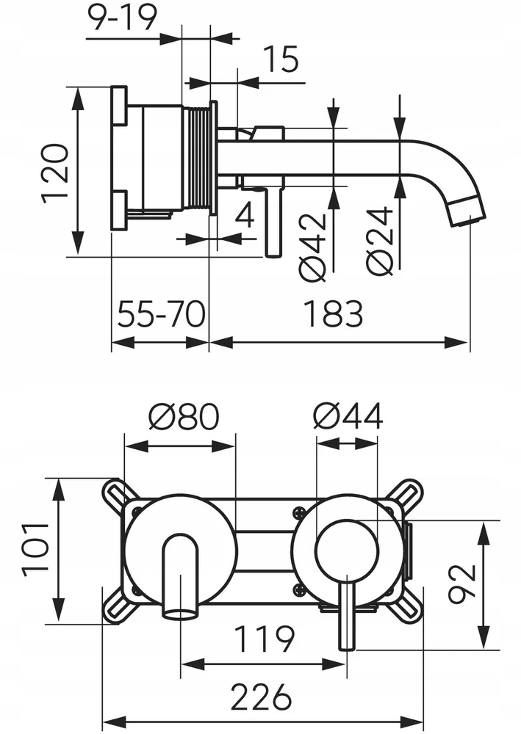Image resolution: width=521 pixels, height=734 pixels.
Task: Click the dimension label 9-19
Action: pos(122,18)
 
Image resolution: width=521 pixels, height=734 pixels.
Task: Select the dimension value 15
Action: pos(280,59)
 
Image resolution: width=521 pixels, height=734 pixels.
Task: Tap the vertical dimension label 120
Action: pos(55,173)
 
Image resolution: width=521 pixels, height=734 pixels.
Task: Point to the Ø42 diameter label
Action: pos(312,247)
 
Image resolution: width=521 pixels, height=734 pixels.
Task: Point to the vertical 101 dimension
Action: pos(35,548)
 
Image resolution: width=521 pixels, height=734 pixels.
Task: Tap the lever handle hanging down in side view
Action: pos(273,221)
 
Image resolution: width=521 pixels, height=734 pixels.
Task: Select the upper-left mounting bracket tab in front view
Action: pos(115,495)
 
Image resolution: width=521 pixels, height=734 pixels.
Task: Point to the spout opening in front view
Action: pos(180,612)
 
